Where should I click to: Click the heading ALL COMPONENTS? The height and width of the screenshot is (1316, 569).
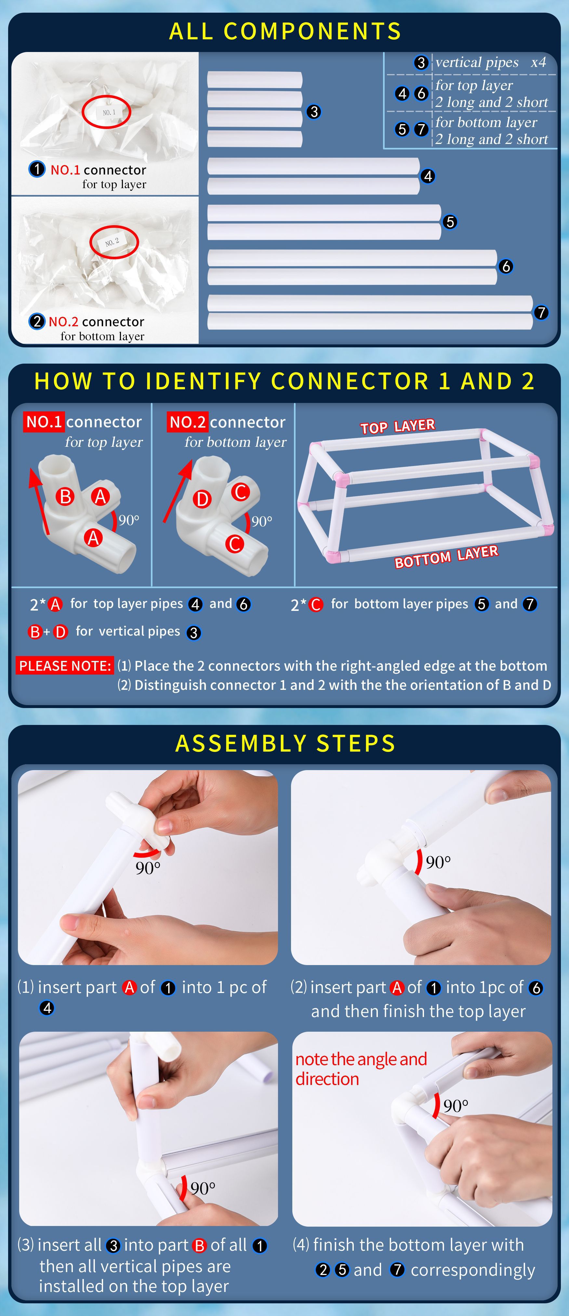click(285, 31)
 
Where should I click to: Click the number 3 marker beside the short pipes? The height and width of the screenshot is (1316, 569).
click(314, 112)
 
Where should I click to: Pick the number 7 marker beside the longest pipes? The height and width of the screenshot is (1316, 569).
click(541, 313)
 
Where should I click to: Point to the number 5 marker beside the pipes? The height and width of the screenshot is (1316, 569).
click(449, 222)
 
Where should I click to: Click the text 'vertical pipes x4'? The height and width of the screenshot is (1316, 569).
click(491, 62)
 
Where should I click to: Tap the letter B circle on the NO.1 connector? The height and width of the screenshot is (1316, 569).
click(65, 497)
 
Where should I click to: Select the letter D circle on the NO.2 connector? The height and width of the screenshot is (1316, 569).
click(202, 499)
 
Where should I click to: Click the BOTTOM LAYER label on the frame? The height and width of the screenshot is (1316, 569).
click(446, 557)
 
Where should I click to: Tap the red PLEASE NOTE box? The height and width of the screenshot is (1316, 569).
click(64, 666)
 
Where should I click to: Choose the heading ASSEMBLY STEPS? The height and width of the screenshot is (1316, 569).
click(285, 743)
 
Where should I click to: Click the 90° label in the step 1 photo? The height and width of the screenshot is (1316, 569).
click(148, 868)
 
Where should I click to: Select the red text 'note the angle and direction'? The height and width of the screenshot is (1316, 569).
click(361, 1069)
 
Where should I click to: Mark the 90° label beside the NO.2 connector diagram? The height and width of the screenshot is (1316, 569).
click(262, 521)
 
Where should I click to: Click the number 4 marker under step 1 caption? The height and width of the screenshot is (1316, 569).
click(46, 1008)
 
